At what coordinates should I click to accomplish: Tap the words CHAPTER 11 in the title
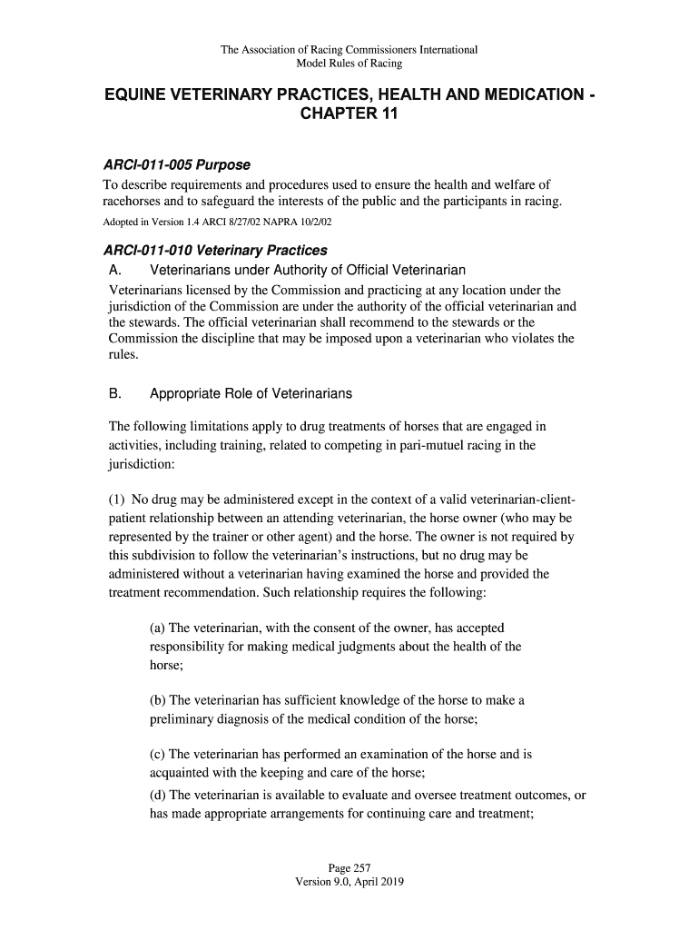tap(349, 116)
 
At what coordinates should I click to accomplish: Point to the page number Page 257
tap(349, 867)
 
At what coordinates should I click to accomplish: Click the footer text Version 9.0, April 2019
tap(349, 882)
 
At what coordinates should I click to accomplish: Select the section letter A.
tap(115, 271)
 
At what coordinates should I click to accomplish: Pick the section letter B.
tap(115, 394)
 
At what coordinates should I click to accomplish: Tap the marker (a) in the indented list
tap(158, 628)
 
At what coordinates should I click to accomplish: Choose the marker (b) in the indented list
tap(158, 701)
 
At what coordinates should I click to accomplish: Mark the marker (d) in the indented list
tap(158, 796)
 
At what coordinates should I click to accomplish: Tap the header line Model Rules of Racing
tap(349, 64)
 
